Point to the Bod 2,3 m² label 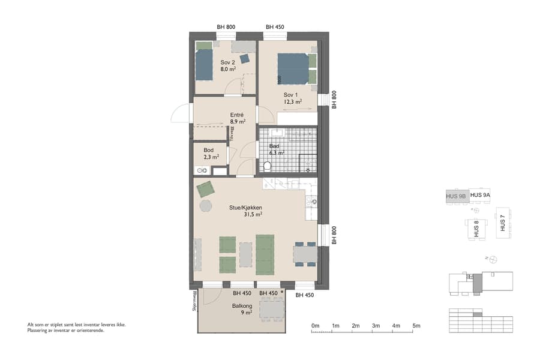point(211,154)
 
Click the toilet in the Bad point(267,166)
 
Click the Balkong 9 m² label point(243,308)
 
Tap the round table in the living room point(206,206)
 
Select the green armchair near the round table point(206,188)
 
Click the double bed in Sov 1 point(293,68)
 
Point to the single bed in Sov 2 point(204,63)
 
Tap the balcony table point(271,310)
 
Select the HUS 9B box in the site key point(456,196)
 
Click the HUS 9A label point(480,195)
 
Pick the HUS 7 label point(502,224)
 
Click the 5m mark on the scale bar point(416,326)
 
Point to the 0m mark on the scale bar point(315,326)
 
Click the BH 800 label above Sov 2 point(226,27)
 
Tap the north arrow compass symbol point(493,259)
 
